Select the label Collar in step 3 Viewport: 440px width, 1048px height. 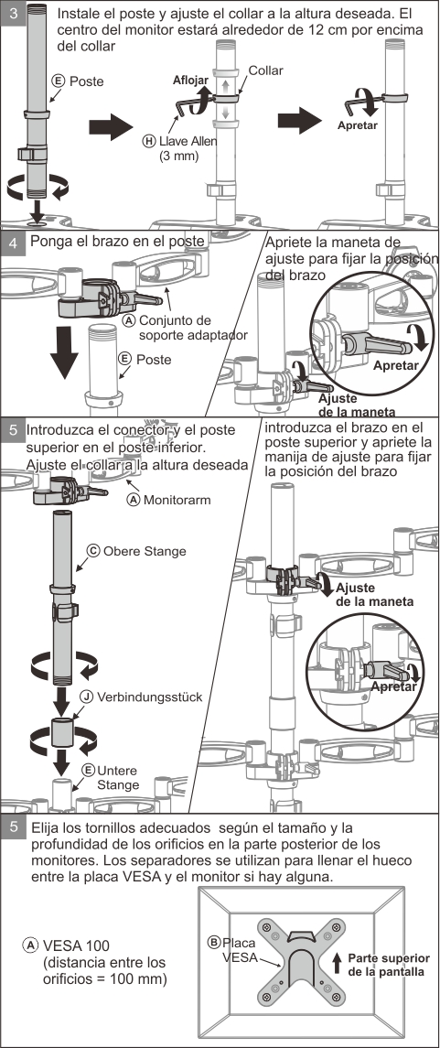click(x=265, y=70)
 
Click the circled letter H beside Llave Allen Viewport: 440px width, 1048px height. click(x=149, y=141)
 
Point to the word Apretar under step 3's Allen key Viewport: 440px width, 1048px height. click(x=357, y=125)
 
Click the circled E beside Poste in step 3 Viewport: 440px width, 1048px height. click(x=59, y=81)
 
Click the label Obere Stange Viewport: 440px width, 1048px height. click(x=145, y=551)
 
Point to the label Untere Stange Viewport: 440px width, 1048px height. click(x=118, y=777)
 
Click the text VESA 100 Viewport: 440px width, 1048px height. click(x=76, y=945)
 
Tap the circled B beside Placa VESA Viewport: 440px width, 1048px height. click(x=214, y=943)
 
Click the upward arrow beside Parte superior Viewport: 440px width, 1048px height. click(x=338, y=963)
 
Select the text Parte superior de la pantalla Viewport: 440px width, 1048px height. click(x=385, y=965)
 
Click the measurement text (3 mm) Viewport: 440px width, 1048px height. click(x=179, y=157)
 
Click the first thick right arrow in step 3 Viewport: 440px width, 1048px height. click(x=112, y=127)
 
